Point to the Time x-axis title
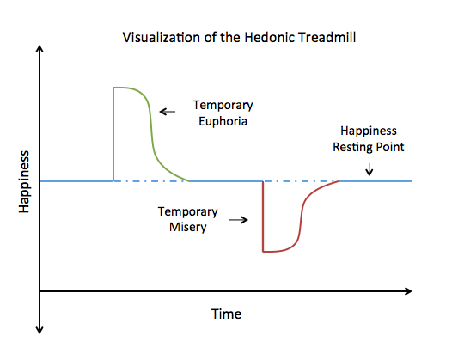(226, 314)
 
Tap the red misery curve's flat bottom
(277, 251)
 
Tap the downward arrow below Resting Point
(369, 170)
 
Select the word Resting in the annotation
(352, 147)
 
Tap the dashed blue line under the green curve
(150, 181)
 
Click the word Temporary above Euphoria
(223, 106)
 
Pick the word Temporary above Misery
(187, 211)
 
